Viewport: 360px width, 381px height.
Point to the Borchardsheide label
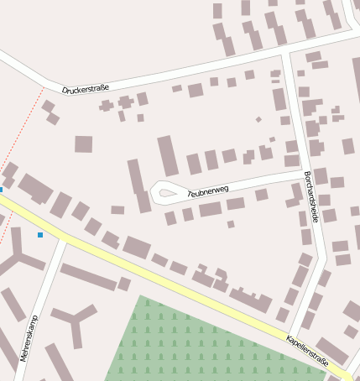[x=311, y=196]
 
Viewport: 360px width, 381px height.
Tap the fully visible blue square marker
[x=39, y=235]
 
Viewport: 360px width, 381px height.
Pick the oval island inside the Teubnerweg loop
[x=166, y=193]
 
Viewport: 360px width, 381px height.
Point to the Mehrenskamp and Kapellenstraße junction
[x=63, y=240]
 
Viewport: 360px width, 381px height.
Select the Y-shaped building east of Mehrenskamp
[x=74, y=319]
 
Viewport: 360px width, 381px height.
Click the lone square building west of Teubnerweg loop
[x=83, y=144]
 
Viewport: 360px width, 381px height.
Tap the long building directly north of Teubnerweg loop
[x=168, y=156]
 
